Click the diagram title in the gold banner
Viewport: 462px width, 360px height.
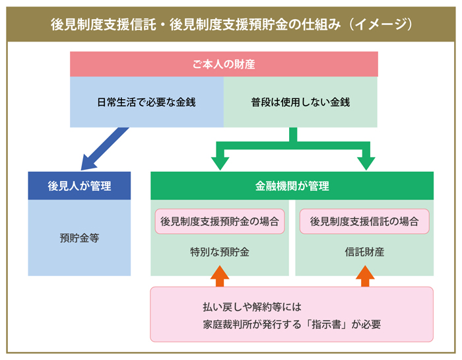[x=231, y=24]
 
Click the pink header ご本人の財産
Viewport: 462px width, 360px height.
[x=224, y=65]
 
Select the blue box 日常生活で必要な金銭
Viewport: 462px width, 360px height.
[x=147, y=102]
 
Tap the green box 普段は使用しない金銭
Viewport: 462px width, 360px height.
[x=300, y=102]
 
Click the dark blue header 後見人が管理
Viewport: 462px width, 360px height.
[x=79, y=186]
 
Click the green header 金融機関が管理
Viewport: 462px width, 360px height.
[x=292, y=186]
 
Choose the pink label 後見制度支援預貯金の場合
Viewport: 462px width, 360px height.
[x=220, y=222]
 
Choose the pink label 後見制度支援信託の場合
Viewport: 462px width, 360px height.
[x=364, y=222]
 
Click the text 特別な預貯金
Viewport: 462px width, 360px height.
[x=220, y=252]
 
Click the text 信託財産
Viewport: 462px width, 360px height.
[x=364, y=252]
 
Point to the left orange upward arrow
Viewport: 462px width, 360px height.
[x=220, y=275]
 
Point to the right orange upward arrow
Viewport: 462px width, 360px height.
[x=364, y=275]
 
